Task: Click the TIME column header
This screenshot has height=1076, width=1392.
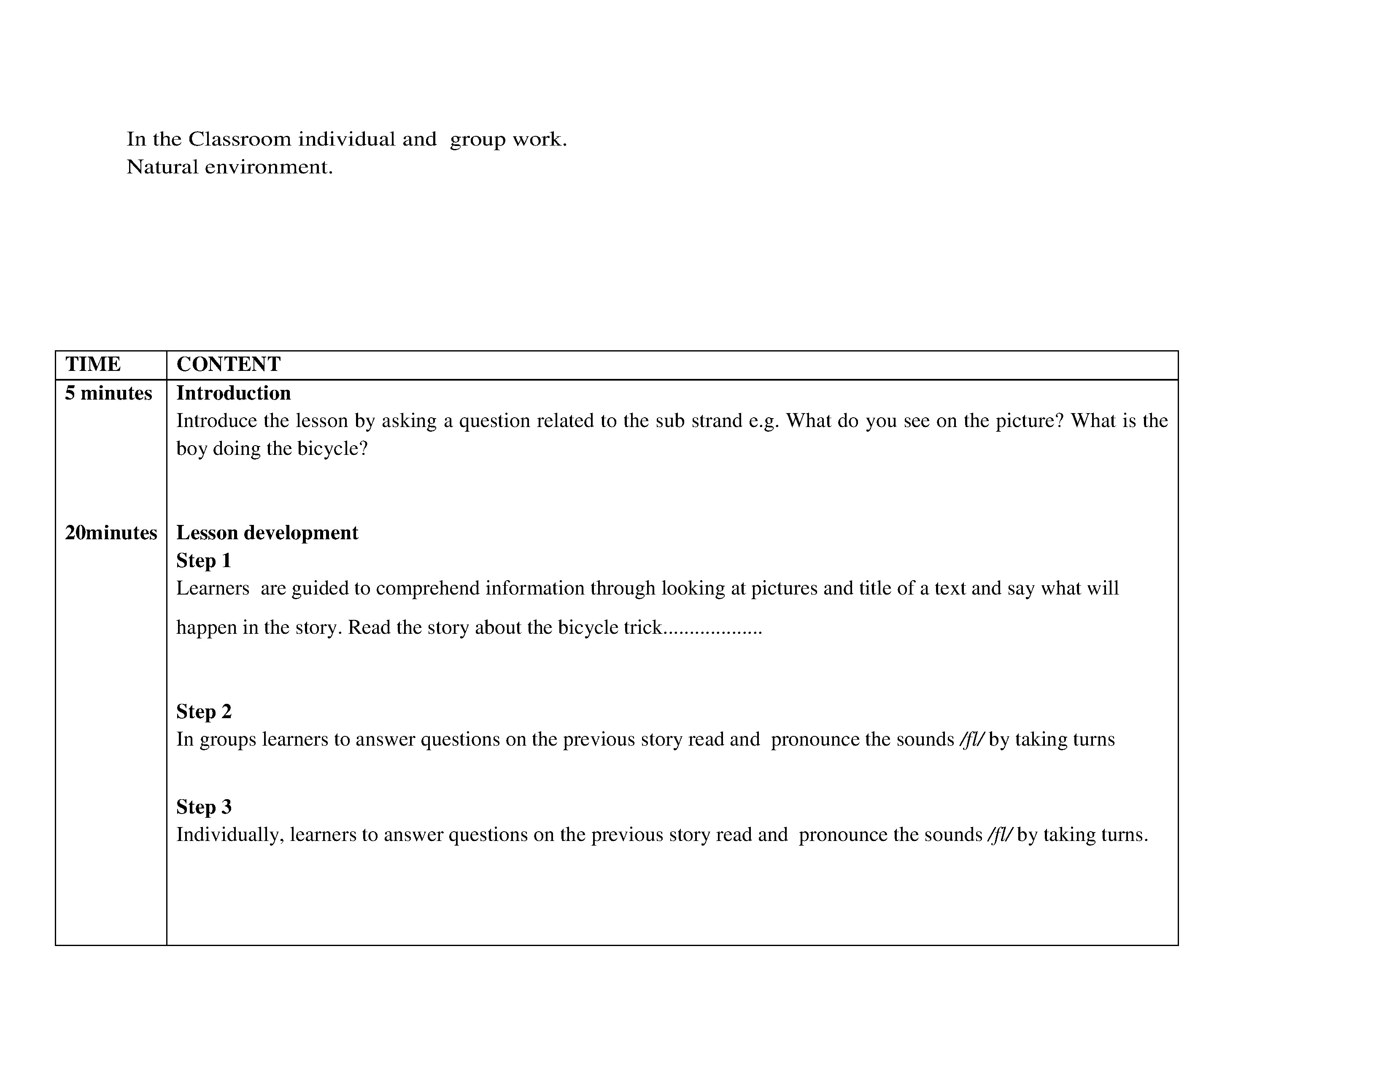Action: tap(93, 364)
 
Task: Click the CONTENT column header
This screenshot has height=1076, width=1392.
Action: tap(228, 364)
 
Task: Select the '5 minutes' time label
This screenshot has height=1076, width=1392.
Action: tap(108, 393)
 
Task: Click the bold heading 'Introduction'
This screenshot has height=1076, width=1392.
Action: tap(233, 393)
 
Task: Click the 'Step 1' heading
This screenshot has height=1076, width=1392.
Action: tap(203, 560)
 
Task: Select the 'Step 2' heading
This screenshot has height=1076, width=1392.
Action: tap(203, 711)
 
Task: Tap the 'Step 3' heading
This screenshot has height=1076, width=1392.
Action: tap(203, 807)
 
